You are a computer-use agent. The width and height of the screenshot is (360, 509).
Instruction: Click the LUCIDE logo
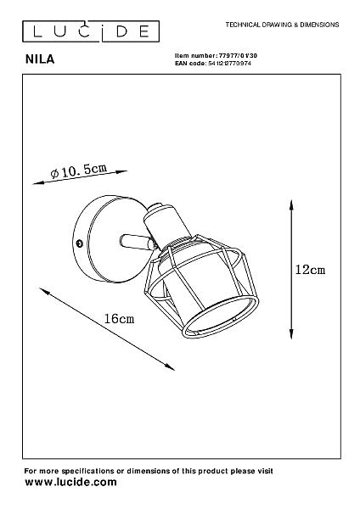tap(91, 31)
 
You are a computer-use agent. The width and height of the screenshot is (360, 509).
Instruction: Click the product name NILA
tap(40, 59)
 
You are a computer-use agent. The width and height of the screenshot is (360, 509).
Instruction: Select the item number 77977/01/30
tap(238, 55)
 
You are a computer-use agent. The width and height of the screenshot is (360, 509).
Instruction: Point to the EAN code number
tap(229, 64)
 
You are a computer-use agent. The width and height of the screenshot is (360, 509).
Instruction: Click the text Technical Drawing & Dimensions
tap(283, 25)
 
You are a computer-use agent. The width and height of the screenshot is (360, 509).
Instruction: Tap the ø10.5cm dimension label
tap(79, 171)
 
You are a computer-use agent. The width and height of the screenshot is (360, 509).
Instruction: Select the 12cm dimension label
tap(310, 270)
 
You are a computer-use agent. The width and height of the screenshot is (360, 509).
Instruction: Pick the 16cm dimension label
tap(119, 319)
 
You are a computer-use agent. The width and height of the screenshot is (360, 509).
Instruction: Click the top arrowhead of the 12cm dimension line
tap(291, 204)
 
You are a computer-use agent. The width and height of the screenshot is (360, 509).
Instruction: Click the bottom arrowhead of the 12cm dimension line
tap(291, 334)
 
